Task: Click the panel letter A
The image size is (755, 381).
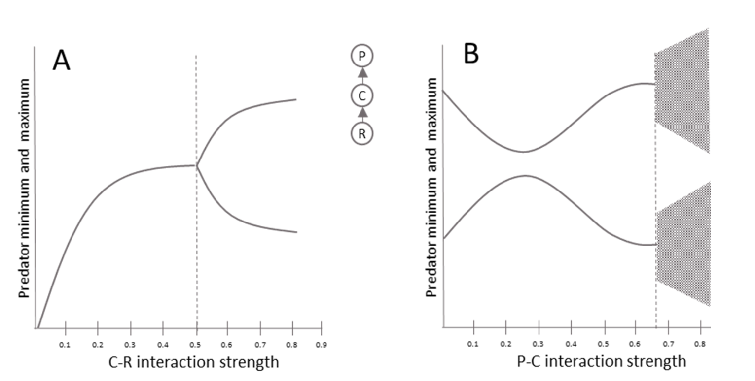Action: pos(62,61)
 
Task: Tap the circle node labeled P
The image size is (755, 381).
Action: pos(362,57)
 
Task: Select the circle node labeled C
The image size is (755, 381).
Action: pos(362,96)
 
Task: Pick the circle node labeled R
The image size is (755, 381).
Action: pos(362,134)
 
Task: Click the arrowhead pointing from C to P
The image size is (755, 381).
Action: pos(362,73)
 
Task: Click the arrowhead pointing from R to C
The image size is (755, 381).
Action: pos(362,113)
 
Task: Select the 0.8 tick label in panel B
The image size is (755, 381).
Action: pos(700,343)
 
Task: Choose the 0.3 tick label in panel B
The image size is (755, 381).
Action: pos(539,343)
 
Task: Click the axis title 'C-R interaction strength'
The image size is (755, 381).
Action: pos(193,363)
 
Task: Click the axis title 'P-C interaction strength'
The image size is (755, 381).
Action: pos(601,361)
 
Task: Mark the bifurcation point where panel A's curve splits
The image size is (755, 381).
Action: pos(197,165)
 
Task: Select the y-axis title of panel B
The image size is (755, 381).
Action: pos(431,187)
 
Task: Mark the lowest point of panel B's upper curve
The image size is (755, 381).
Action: pos(524,152)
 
